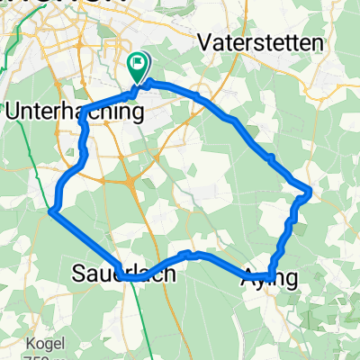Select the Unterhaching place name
(74, 112)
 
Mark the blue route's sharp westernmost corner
(51, 211)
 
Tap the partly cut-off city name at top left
(54, 4)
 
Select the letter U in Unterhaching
(12, 112)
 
